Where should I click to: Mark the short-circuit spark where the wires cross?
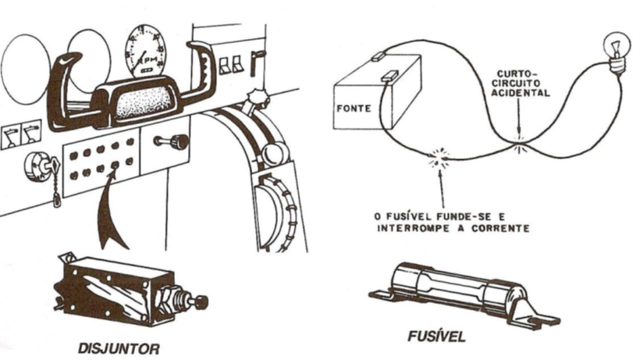520,141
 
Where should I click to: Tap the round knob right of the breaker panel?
178,142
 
